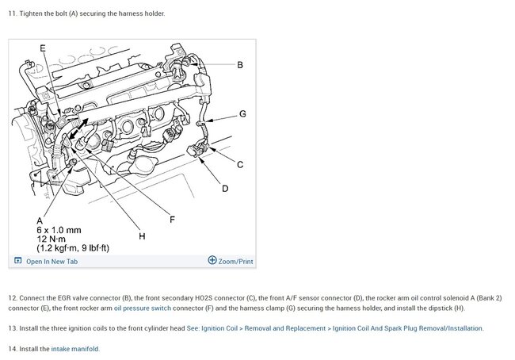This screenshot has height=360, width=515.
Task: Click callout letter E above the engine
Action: (x=43, y=48)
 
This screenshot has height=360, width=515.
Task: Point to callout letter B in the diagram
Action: (x=240, y=64)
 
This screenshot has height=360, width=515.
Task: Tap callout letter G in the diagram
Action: (x=242, y=114)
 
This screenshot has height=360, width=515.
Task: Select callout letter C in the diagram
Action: (x=240, y=164)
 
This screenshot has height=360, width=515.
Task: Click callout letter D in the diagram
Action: (x=225, y=189)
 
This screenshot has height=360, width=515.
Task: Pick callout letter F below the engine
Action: (x=172, y=219)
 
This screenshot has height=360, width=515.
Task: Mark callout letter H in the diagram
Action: (x=142, y=236)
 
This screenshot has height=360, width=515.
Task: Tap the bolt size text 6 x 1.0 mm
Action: (x=59, y=230)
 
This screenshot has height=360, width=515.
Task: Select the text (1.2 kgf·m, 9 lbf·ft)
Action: (x=73, y=248)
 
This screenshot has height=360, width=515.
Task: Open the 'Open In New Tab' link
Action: (x=51, y=262)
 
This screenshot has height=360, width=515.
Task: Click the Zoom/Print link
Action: (x=235, y=262)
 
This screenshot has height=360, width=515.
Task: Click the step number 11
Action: (x=12, y=13)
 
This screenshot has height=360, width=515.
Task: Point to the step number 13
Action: (x=12, y=328)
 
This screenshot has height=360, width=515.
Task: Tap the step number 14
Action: (x=12, y=348)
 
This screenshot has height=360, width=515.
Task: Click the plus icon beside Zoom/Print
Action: (x=212, y=260)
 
